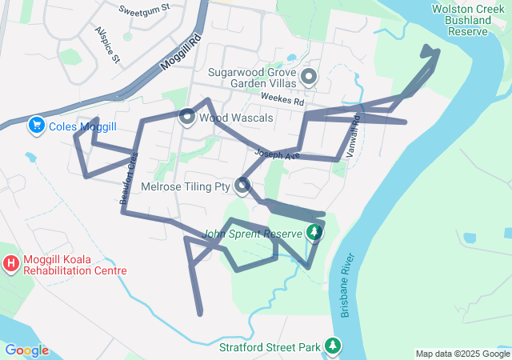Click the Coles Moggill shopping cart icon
tap(36, 126)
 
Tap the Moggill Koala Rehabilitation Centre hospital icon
tap(12, 263)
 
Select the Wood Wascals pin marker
tap(187, 117)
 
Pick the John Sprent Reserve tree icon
tap(315, 233)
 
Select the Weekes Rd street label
tap(282, 102)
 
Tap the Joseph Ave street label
tap(276, 153)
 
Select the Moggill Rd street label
tap(178, 50)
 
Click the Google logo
tap(26, 350)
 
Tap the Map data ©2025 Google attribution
tap(462, 354)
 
